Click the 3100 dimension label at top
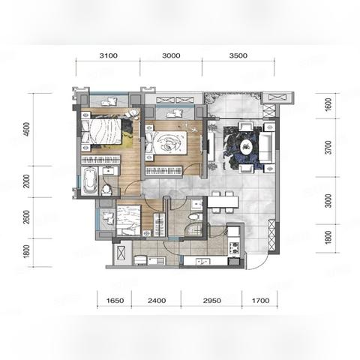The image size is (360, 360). [x=109, y=55]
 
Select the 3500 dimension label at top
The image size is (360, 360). [x=238, y=55]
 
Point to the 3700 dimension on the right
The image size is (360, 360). [x=328, y=148]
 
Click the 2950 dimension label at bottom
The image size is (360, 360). [x=211, y=301]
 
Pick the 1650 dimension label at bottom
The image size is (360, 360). [x=115, y=301]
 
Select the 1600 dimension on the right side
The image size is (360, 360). [x=328, y=105]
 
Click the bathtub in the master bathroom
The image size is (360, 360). [x=90, y=181]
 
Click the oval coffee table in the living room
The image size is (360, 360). [x=247, y=147]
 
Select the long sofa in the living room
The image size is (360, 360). [x=266, y=147]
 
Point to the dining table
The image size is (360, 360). [x=223, y=202]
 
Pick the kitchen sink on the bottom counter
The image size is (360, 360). [x=203, y=262]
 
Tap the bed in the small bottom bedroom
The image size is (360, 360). [x=128, y=220]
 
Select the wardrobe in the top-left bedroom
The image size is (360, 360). [x=100, y=160]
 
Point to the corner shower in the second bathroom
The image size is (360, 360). [x=194, y=229]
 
